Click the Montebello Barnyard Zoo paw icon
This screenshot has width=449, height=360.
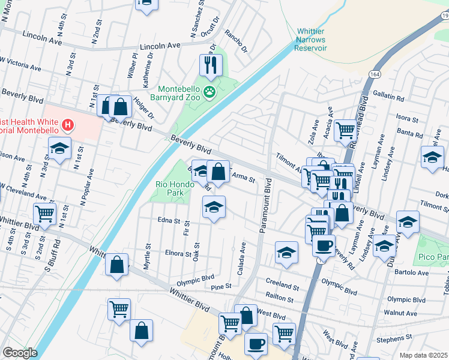click(209, 92)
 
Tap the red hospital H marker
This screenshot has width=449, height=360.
click(69, 126)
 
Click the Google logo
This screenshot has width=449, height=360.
click(19, 353)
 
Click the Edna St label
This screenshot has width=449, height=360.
click(168, 221)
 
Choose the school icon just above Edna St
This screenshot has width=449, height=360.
click(214, 208)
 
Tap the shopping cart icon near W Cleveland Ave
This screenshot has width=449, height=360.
click(45, 212)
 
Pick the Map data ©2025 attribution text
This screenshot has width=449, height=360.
click(423, 355)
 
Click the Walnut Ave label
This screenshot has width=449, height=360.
click(400, 313)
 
